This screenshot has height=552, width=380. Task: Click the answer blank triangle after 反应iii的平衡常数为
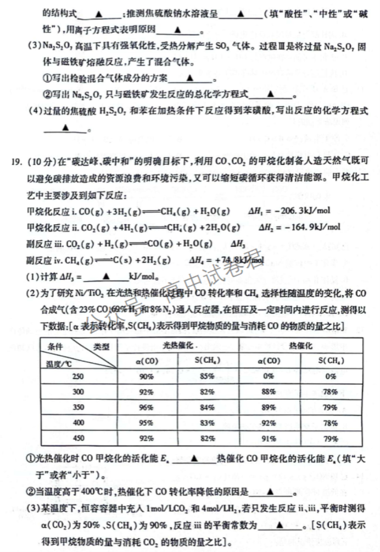point(280,526)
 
